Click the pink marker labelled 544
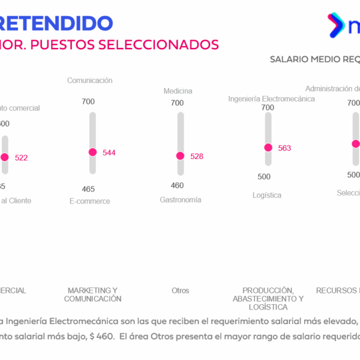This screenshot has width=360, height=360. (x=92, y=152)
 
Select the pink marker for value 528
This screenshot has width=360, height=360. (x=180, y=156)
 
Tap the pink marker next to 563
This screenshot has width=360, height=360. (x=268, y=148)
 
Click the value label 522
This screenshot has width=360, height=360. (x=21, y=158)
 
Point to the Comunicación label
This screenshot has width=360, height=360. (x=89, y=80)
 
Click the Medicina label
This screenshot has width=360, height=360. (x=178, y=91)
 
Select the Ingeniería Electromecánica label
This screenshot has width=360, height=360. (x=271, y=99)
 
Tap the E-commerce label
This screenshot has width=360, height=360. (x=89, y=202)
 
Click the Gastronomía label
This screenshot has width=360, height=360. (x=180, y=200)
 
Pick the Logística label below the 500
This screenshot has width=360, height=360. (x=266, y=195)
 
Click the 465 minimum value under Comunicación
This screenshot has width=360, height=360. (x=88, y=189)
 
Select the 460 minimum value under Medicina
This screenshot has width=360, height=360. (x=177, y=185)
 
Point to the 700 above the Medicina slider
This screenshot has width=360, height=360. (x=177, y=103)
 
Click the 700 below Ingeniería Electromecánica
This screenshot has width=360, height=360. (x=268, y=108)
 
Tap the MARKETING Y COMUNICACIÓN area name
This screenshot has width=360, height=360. (x=92, y=295)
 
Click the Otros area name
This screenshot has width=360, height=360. (x=180, y=291)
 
